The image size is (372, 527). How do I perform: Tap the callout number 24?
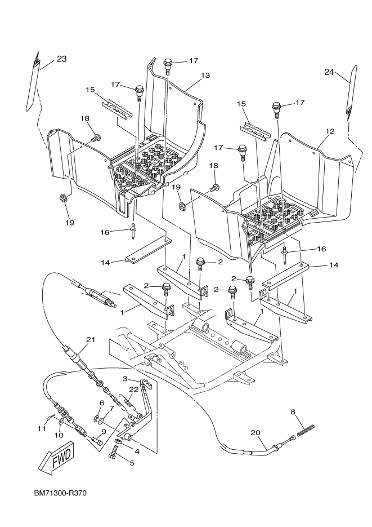click(329, 72)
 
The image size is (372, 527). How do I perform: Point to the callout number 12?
click(330, 131)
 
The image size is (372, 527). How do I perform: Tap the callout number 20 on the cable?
click(256, 433)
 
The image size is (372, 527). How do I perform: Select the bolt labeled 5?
click(116, 451)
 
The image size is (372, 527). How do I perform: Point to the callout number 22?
click(133, 389)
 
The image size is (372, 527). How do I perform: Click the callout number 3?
click(126, 379)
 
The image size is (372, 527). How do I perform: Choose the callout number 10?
click(59, 435)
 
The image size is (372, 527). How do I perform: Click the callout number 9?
click(104, 432)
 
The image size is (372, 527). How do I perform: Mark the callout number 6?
click(102, 403)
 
